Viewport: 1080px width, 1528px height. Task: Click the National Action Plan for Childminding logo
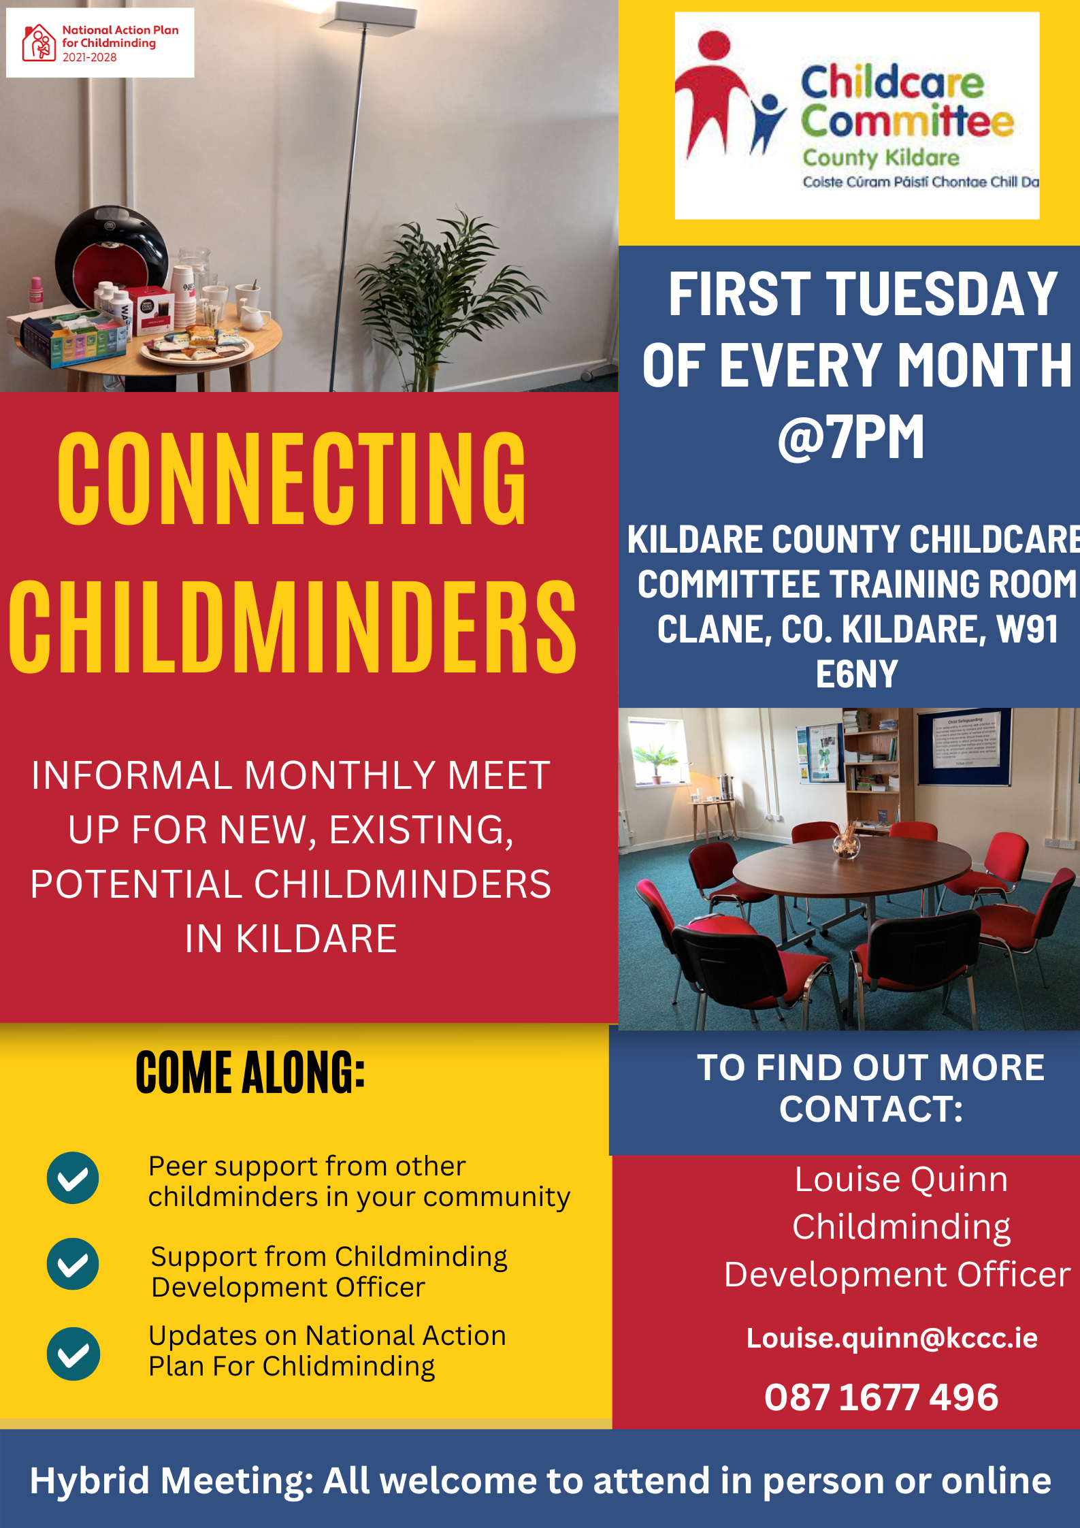click(x=100, y=43)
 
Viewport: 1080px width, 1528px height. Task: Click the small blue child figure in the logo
click(x=768, y=123)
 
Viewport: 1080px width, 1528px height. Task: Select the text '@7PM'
click(x=851, y=437)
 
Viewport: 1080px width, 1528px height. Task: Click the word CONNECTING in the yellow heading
click(x=292, y=479)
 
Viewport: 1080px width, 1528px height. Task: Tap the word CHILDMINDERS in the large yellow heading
click(x=293, y=627)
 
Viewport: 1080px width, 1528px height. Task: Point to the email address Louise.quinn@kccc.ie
click(x=892, y=1338)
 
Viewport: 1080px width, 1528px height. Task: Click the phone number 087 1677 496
click(x=881, y=1397)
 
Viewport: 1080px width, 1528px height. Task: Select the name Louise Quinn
click(x=901, y=1180)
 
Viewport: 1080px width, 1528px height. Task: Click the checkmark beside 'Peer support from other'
click(x=73, y=1177)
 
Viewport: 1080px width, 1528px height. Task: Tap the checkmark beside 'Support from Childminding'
click(x=73, y=1264)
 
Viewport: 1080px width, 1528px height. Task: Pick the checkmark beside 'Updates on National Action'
click(x=73, y=1354)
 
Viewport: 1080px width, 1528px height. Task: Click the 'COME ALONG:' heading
click(x=250, y=1073)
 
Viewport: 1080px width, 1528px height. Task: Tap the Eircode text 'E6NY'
click(x=857, y=674)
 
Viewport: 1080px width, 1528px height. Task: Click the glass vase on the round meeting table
click(x=846, y=845)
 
